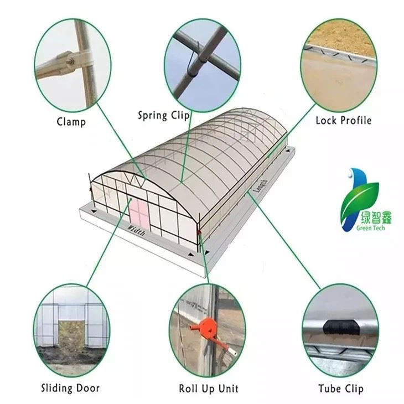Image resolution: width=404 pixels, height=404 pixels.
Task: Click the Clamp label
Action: click(x=71, y=121)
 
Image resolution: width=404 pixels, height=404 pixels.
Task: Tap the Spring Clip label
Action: click(x=164, y=115)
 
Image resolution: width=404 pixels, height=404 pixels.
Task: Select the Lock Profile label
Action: click(x=343, y=120)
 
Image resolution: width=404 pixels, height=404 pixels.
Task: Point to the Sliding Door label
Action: click(x=70, y=387)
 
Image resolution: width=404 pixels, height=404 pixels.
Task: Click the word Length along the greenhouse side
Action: click(x=260, y=184)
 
